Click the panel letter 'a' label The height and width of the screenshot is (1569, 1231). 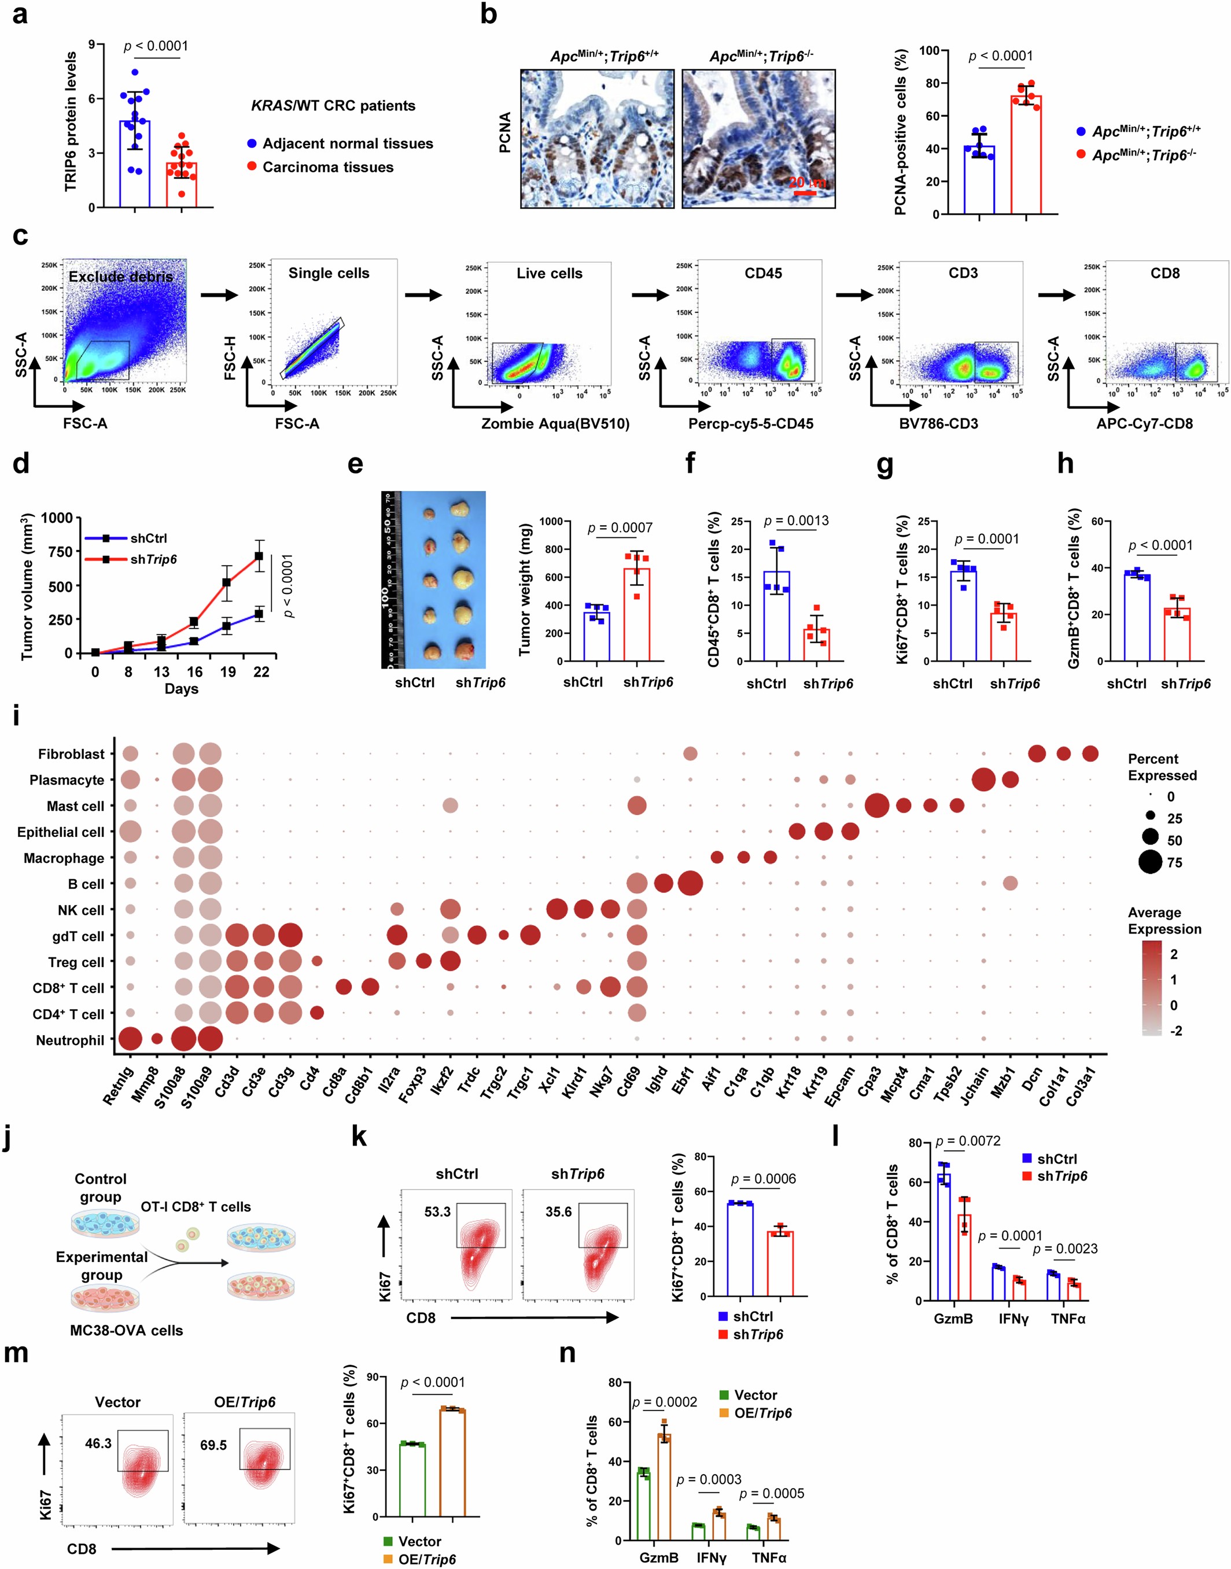click(x=20, y=14)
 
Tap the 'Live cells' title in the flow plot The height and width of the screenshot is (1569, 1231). click(x=549, y=273)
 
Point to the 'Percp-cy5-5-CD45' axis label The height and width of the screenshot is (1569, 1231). click(x=750, y=423)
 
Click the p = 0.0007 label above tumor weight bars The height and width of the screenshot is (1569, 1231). click(x=620, y=528)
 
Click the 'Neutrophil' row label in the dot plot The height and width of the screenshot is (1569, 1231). click(x=70, y=1040)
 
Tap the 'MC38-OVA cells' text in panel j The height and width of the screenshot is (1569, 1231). click(x=126, y=1330)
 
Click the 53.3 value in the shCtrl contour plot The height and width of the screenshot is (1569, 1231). click(x=437, y=1212)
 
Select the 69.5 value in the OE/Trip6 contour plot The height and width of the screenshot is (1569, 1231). click(x=213, y=1445)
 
